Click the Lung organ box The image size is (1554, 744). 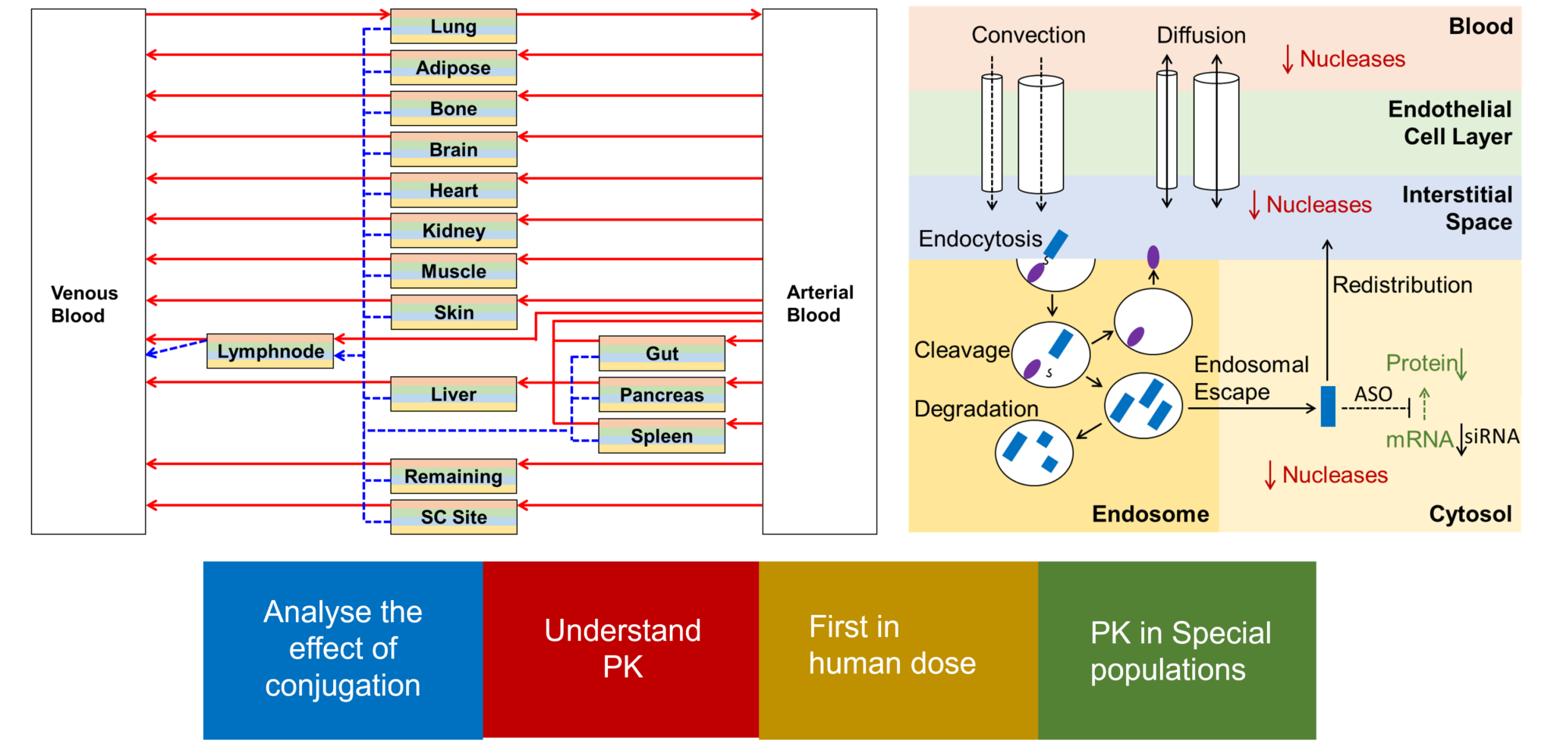point(453,27)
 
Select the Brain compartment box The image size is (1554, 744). point(453,149)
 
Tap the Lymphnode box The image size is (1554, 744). point(270,351)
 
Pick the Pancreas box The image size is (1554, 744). point(662,394)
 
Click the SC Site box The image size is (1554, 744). point(453,517)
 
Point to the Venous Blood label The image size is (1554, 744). point(83,304)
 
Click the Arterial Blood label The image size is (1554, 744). point(819,303)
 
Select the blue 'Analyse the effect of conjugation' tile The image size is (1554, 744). point(342,649)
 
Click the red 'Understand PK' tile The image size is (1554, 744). point(621,649)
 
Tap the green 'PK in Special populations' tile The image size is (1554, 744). point(1177,651)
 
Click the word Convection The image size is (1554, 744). point(1028,35)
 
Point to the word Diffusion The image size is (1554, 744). point(1200,35)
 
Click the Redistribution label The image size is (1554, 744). point(1401,285)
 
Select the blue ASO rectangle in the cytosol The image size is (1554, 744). point(1327,406)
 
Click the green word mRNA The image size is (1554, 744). point(1418,440)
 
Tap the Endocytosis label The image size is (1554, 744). point(980,239)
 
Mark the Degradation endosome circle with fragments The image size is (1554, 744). point(1033,454)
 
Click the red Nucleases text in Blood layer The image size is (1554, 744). point(1351,59)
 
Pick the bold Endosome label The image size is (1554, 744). point(1150,514)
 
